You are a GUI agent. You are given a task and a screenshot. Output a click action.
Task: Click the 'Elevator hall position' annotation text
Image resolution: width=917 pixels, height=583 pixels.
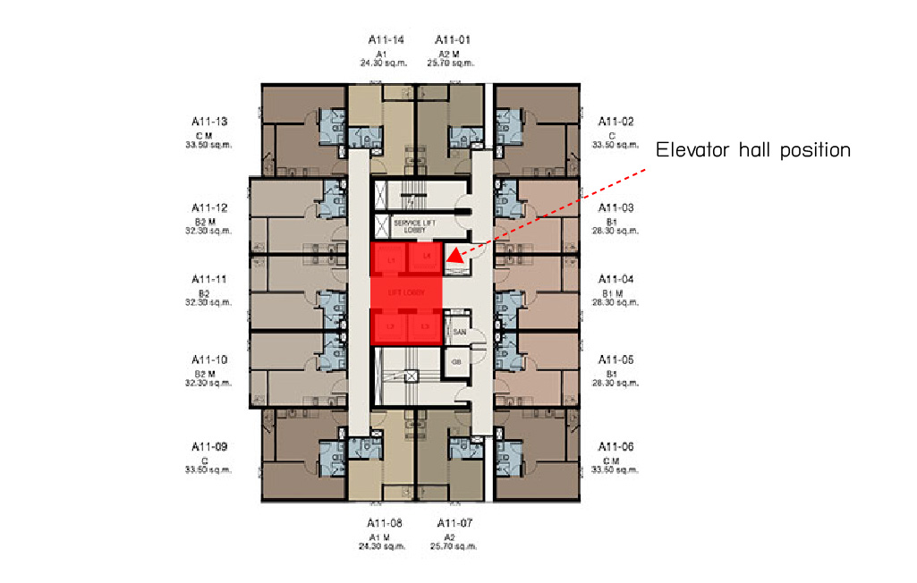(752, 150)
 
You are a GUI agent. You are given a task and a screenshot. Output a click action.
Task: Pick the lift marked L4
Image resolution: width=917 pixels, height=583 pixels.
(427, 258)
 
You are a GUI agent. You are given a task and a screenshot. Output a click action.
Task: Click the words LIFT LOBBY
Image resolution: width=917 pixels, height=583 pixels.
(405, 292)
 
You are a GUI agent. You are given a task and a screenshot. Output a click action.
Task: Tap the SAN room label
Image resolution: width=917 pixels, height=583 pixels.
(460, 333)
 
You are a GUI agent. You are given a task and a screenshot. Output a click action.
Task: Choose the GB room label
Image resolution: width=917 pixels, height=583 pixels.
(456, 361)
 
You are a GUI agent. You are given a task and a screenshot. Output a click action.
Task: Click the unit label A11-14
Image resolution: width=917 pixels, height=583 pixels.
(386, 39)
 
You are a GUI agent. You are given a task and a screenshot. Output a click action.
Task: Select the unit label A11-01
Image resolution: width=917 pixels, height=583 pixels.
(453, 39)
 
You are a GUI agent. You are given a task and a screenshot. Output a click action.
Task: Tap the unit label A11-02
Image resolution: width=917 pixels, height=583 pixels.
(616, 121)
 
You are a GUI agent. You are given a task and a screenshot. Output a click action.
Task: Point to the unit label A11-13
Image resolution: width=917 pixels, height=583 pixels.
(209, 121)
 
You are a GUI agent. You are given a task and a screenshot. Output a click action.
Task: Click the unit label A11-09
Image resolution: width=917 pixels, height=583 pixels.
(209, 446)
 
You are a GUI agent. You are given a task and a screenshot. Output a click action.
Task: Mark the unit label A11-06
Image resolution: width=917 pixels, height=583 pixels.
(616, 446)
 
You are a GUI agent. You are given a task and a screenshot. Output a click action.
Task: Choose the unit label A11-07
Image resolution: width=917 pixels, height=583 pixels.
(454, 522)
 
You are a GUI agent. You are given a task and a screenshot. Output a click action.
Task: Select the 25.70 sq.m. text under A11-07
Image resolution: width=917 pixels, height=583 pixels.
(453, 545)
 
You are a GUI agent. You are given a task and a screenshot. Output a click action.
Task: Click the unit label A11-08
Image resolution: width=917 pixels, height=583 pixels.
(386, 522)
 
